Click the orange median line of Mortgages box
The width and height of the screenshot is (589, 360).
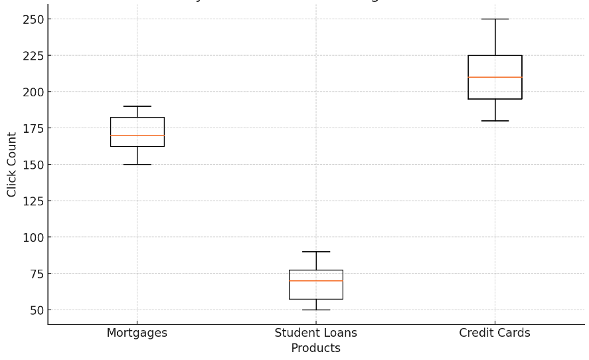(x=137, y=135)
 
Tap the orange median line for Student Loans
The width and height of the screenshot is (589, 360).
(x=316, y=281)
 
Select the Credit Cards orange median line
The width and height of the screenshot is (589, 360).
(x=495, y=77)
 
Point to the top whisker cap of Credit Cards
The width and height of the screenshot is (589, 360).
(x=495, y=19)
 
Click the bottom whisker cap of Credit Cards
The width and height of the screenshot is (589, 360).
(x=495, y=121)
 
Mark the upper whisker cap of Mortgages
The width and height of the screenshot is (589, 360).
(x=137, y=106)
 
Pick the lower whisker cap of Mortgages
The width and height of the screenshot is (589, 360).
(x=137, y=164)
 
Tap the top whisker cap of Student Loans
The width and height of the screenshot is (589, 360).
(x=316, y=252)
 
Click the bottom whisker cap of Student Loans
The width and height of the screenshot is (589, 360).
(x=316, y=310)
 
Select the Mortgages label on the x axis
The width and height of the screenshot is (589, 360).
(x=137, y=333)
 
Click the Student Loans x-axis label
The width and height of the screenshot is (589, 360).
(x=316, y=333)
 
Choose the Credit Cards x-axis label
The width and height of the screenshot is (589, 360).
(x=495, y=333)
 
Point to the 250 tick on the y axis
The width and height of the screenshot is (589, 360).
(x=33, y=20)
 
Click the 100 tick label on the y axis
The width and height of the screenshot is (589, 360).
(x=33, y=238)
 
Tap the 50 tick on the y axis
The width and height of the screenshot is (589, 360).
(x=36, y=310)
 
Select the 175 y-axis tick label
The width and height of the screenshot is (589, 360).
(x=33, y=128)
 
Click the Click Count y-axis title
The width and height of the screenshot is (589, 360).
(x=12, y=164)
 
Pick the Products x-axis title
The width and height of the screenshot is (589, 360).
(x=316, y=349)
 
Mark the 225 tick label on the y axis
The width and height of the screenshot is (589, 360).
(x=33, y=56)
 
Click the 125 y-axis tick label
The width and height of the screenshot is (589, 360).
(x=33, y=201)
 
